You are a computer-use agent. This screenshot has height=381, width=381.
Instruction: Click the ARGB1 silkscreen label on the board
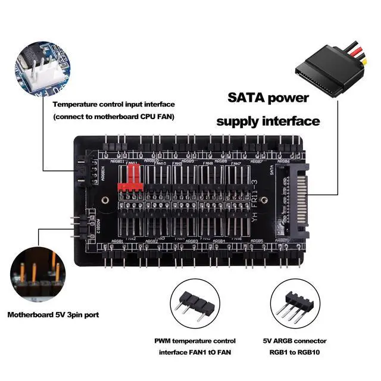[x=117, y=241]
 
